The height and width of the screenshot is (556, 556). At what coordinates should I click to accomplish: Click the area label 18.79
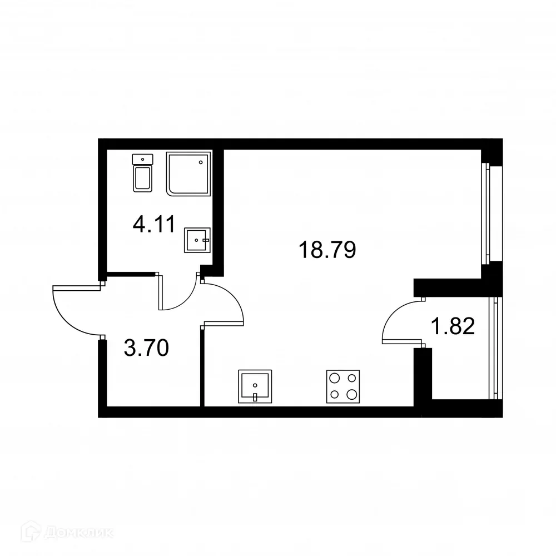point(327,250)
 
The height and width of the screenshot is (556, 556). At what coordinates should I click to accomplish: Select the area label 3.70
point(146,350)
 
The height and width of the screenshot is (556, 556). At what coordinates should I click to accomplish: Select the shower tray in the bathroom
point(189,173)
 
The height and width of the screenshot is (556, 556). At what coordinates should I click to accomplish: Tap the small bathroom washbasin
point(197,240)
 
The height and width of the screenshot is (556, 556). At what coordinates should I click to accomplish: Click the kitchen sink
point(255,386)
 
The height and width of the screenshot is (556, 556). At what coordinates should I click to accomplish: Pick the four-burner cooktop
point(342,386)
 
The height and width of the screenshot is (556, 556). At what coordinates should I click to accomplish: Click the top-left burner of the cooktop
point(335,378)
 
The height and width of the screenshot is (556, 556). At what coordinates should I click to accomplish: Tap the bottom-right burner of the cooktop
point(351,394)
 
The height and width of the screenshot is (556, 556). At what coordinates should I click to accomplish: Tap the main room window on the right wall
point(487,214)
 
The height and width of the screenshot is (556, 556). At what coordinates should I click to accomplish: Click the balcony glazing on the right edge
point(493,348)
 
